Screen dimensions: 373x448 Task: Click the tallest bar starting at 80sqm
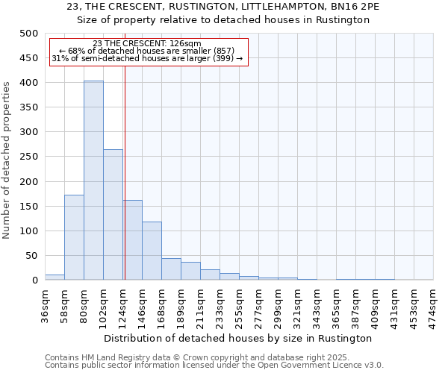click(93, 181)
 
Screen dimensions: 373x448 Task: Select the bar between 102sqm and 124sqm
click(113, 215)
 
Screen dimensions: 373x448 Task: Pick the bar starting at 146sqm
click(152, 251)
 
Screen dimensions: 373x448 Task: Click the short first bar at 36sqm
click(55, 277)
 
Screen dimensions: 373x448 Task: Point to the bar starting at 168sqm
click(171, 269)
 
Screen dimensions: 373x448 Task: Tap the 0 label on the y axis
click(34, 280)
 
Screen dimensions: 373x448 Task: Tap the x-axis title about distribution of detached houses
click(239, 338)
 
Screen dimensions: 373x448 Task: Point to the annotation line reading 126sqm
click(147, 43)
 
